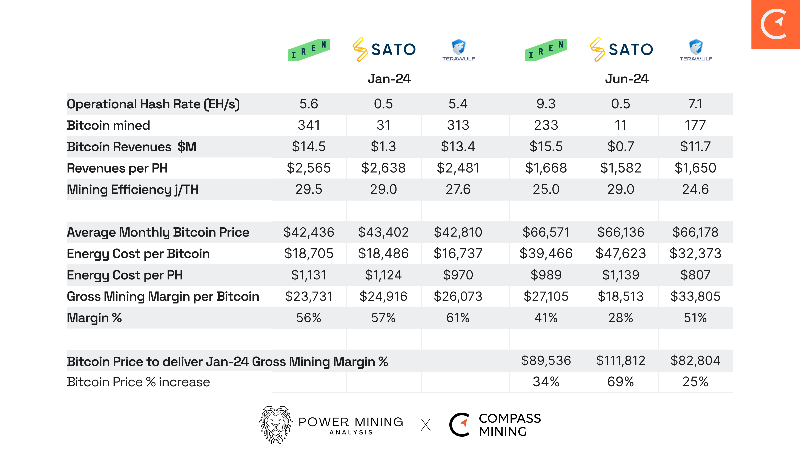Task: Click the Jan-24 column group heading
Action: pyautogui.click(x=389, y=79)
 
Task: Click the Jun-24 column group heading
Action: pyautogui.click(x=627, y=79)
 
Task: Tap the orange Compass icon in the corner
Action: pyautogui.click(x=775, y=24)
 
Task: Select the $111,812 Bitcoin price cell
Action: pyautogui.click(x=621, y=361)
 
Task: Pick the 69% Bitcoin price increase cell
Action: pyautogui.click(x=621, y=382)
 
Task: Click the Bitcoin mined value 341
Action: pyautogui.click(x=309, y=125)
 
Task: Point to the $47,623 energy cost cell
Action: pyautogui.click(x=621, y=254)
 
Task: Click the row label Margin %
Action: pyautogui.click(x=94, y=318)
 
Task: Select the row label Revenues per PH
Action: pyautogui.click(x=117, y=168)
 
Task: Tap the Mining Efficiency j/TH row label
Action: pyautogui.click(x=132, y=190)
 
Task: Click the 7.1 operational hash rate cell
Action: pyautogui.click(x=695, y=104)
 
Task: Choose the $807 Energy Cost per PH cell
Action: pyautogui.click(x=695, y=275)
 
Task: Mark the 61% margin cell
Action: pyautogui.click(x=458, y=318)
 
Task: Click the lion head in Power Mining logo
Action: pyautogui.click(x=276, y=424)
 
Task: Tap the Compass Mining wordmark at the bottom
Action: pyautogui.click(x=509, y=425)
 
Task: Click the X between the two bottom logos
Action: pyautogui.click(x=426, y=425)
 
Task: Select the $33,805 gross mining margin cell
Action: pyautogui.click(x=695, y=296)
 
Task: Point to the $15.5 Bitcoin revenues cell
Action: pyautogui.click(x=546, y=147)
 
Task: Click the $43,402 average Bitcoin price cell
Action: pyautogui.click(x=383, y=232)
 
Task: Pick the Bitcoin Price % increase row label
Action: pyautogui.click(x=138, y=382)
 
